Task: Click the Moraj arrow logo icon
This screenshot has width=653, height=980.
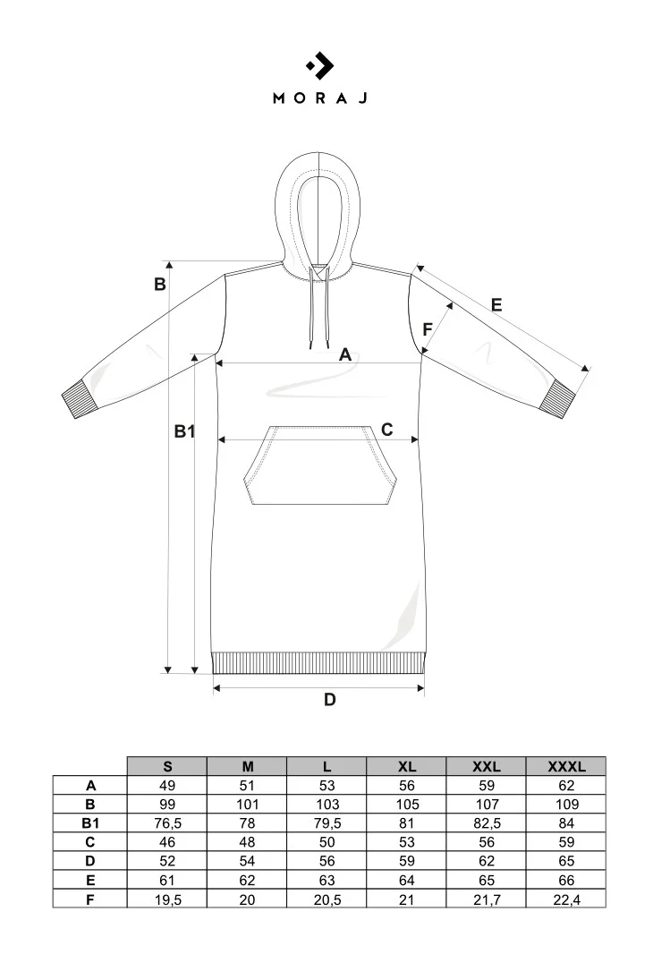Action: [320, 65]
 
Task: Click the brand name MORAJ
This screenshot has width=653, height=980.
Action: [320, 98]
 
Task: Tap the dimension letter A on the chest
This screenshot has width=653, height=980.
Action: [345, 355]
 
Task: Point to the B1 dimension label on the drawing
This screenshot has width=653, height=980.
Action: [184, 431]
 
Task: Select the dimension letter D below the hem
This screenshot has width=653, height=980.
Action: [330, 700]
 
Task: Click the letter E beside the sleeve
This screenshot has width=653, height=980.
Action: [496, 305]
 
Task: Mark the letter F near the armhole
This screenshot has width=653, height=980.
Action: [428, 328]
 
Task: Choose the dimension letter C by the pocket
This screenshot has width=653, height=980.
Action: [386, 430]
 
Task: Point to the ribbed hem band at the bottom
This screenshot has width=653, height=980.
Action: [318, 662]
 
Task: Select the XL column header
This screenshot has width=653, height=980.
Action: [407, 766]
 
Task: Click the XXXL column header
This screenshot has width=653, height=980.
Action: [567, 766]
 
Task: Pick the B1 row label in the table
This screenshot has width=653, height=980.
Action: [90, 823]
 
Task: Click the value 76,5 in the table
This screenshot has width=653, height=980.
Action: [167, 823]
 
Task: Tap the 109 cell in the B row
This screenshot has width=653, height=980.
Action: [567, 805]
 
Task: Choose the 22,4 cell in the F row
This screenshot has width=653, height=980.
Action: [567, 899]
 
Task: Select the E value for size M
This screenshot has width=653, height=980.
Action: [248, 881]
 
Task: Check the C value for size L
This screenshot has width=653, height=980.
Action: [326, 842]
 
